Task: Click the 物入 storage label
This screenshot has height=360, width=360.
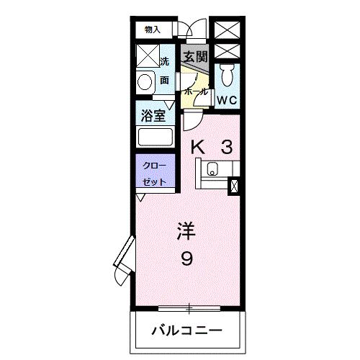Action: point(152,30)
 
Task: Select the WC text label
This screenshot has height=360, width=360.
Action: point(227,99)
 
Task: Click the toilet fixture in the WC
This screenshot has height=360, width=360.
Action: point(228,74)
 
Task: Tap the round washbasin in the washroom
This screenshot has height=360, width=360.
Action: point(145,82)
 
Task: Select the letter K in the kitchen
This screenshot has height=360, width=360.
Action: point(197,147)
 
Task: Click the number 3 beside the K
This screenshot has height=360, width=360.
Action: point(225,147)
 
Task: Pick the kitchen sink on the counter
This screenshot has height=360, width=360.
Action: point(212,171)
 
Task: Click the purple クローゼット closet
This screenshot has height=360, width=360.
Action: point(153,173)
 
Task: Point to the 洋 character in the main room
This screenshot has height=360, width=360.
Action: point(186,232)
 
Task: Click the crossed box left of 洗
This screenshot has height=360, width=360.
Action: point(148,56)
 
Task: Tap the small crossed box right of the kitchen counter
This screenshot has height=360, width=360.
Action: point(233,186)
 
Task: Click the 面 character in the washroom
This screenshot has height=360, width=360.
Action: point(165,81)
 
